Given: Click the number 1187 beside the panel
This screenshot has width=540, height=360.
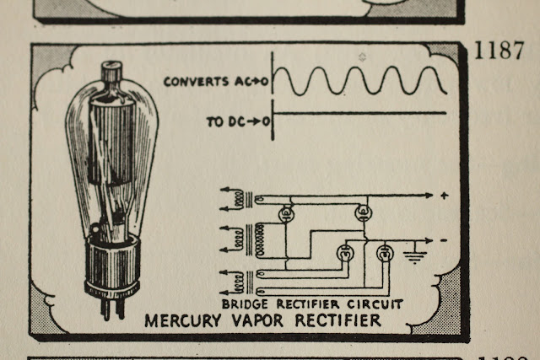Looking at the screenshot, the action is pyautogui.click(x=499, y=51).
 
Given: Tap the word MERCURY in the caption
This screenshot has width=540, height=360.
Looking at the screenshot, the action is pyautogui.click(x=183, y=320).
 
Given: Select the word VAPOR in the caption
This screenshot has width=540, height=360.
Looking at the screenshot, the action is pyautogui.click(x=257, y=320).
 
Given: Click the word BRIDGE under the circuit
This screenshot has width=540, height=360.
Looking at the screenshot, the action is pyautogui.click(x=245, y=304).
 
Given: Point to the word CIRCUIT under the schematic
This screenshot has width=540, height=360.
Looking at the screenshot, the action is pyautogui.click(x=375, y=304).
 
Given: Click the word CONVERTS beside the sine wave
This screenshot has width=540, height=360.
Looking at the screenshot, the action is pyautogui.click(x=196, y=82).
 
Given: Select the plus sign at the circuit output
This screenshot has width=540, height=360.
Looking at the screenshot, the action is pyautogui.click(x=445, y=196).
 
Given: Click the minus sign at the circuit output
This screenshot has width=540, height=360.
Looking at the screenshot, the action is pyautogui.click(x=444, y=240).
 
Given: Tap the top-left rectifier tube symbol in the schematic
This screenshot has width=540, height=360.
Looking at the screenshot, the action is pyautogui.click(x=286, y=214).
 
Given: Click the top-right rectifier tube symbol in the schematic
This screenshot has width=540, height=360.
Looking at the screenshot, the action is pyautogui.click(x=364, y=212).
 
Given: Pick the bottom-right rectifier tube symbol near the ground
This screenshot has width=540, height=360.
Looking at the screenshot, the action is pyautogui.click(x=385, y=254).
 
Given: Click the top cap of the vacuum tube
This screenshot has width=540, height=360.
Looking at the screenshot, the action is pyautogui.click(x=111, y=71).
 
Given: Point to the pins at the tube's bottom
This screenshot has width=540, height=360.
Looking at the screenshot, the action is pyautogui.click(x=112, y=308).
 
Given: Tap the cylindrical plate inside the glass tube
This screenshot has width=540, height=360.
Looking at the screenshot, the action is pyautogui.click(x=111, y=141).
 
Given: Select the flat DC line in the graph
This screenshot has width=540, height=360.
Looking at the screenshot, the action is pyautogui.click(x=359, y=112).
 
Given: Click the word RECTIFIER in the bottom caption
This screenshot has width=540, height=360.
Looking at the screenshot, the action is pyautogui.click(x=337, y=320).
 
